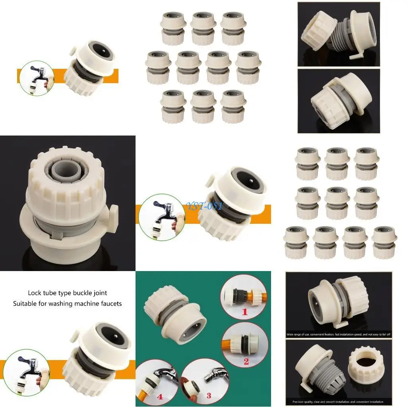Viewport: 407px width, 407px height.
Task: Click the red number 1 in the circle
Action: [x=245, y=312]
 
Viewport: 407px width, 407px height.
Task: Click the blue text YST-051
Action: [x=204, y=206]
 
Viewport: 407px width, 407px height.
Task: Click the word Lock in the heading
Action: [x=35, y=293]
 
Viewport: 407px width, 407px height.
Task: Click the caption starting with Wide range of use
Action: [x=339, y=335]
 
